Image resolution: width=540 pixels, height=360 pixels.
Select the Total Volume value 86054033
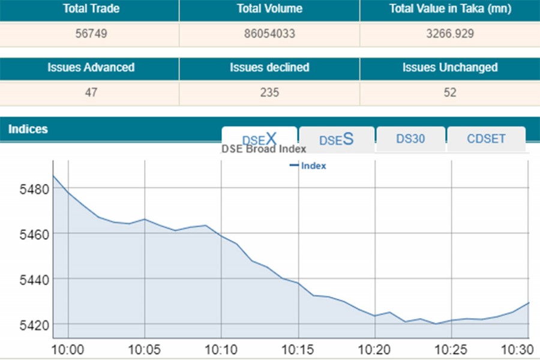pyautogui.click(x=269, y=34)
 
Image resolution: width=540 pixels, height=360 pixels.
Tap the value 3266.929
pyautogui.click(x=449, y=34)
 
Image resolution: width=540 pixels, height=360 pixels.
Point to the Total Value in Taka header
pyautogui.click(x=449, y=9)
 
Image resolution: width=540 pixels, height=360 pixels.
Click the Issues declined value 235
pyautogui.click(x=269, y=92)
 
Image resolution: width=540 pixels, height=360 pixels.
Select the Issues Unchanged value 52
pyautogui.click(x=449, y=92)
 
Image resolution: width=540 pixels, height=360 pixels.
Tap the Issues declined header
pyautogui.click(x=269, y=68)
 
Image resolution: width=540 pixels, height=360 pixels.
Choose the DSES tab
pyautogui.click(x=336, y=139)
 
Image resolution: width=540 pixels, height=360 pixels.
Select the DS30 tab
pyautogui.click(x=410, y=139)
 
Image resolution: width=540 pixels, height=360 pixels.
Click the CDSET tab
pyautogui.click(x=486, y=139)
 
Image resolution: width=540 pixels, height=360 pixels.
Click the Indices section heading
pyautogui.click(x=28, y=129)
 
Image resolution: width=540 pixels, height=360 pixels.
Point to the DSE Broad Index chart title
pyautogui.click(x=264, y=149)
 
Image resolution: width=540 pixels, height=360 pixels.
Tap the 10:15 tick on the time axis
pyautogui.click(x=298, y=349)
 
